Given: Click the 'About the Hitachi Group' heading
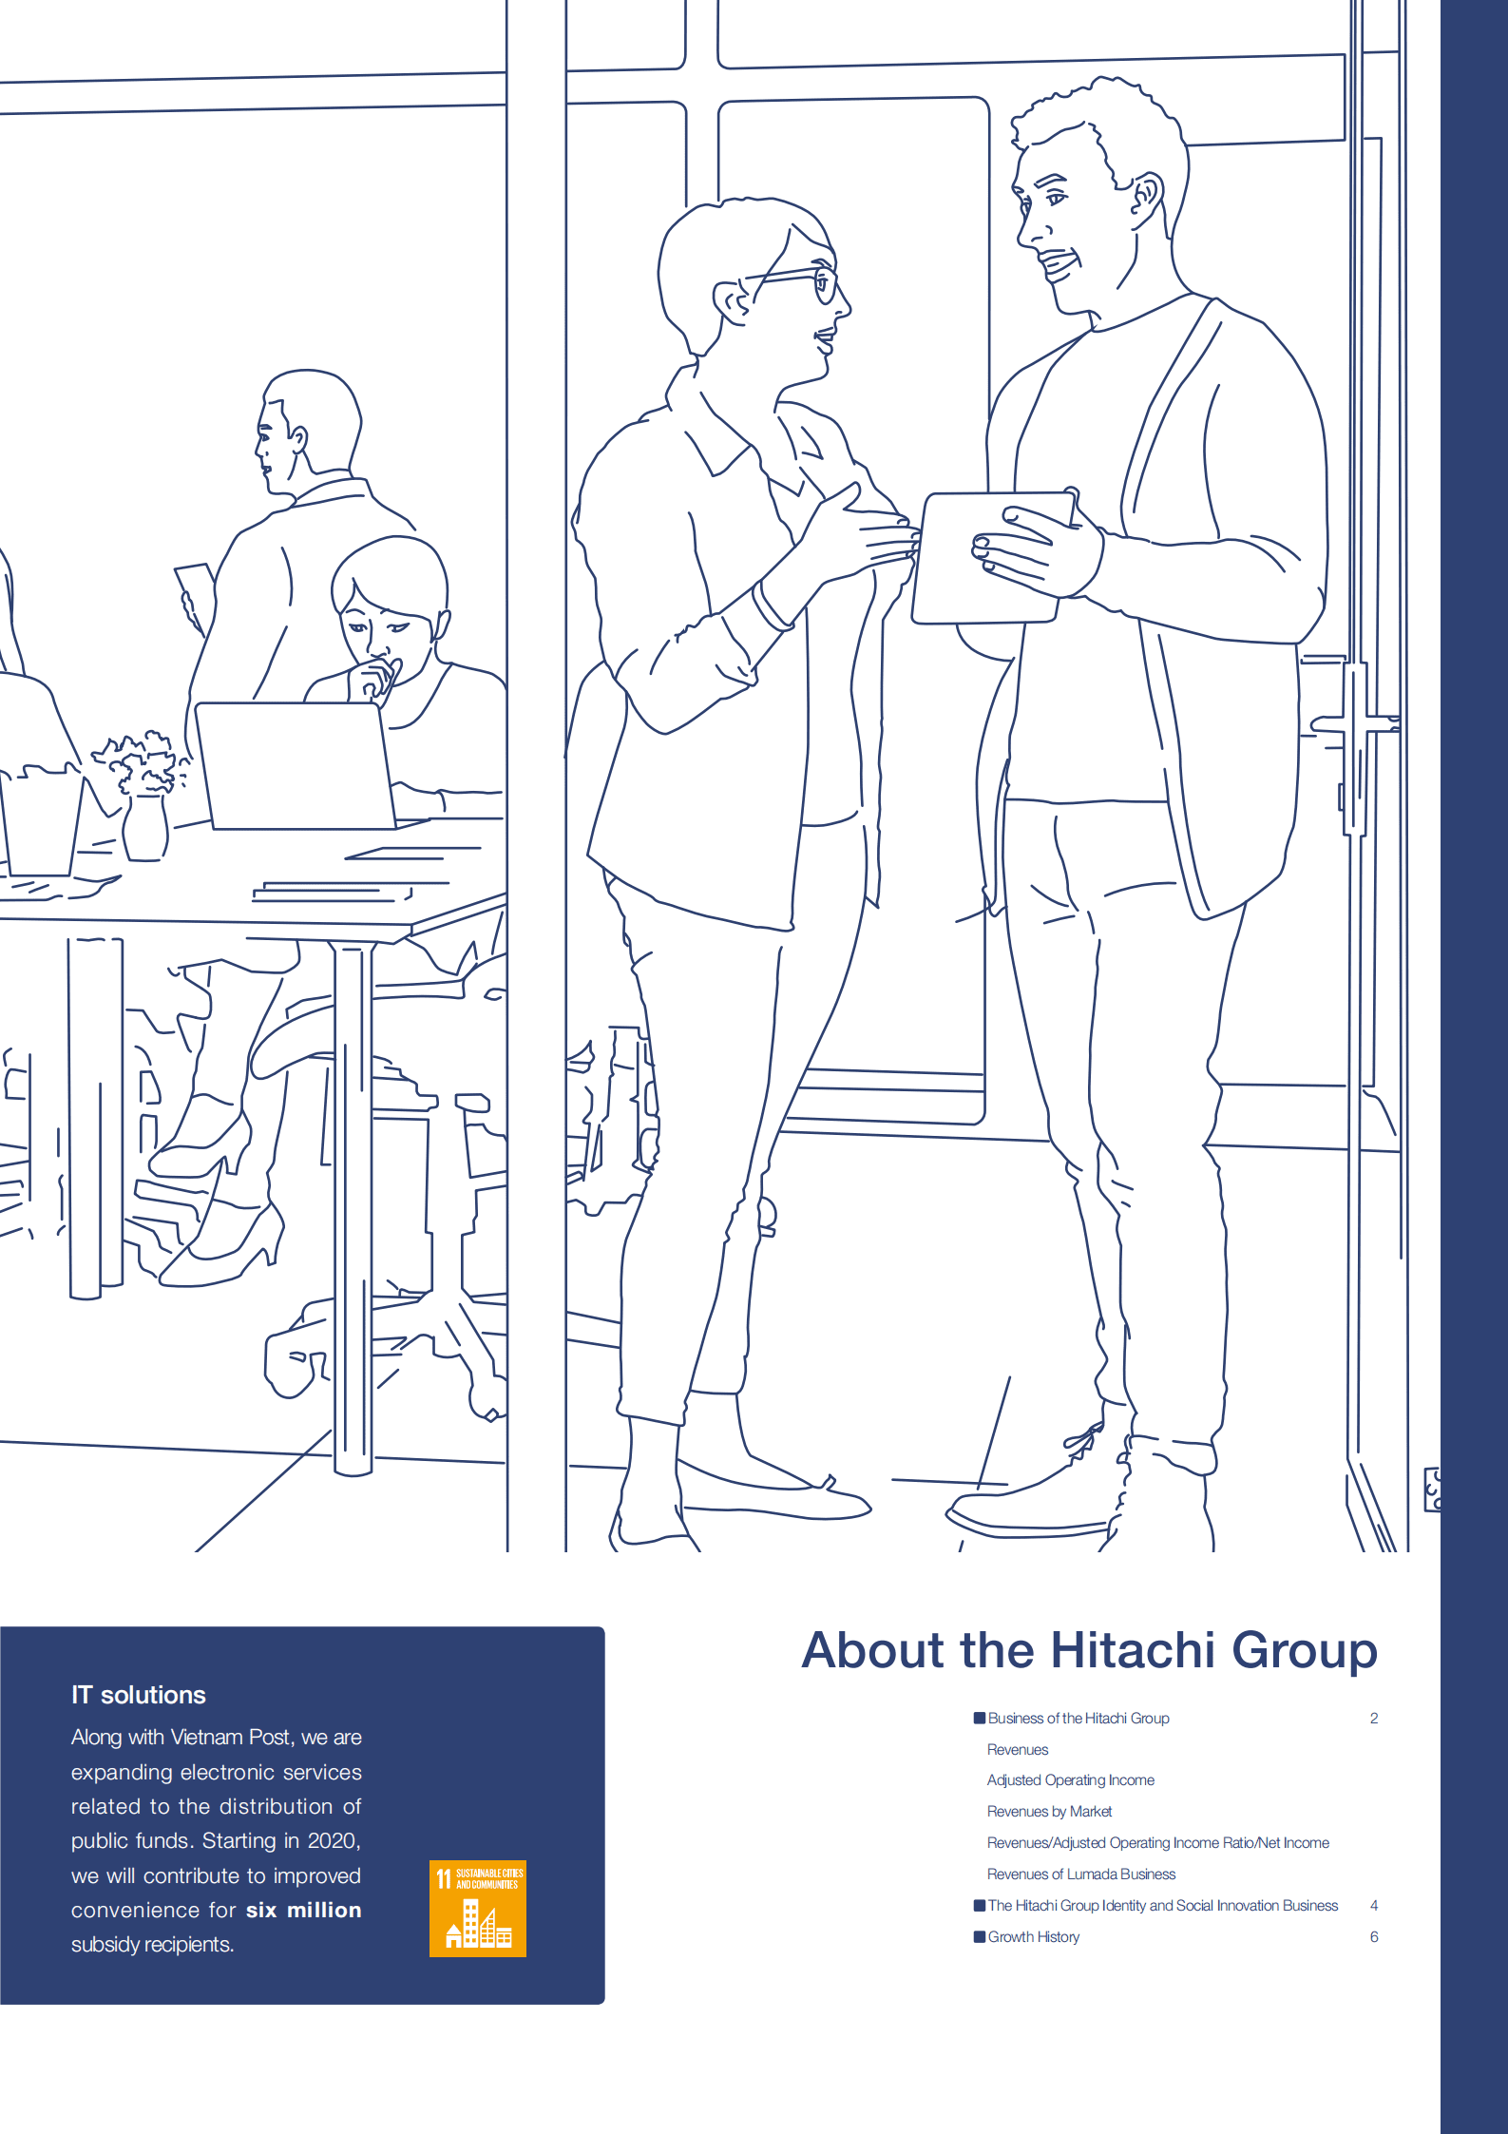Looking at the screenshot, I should (1089, 1650).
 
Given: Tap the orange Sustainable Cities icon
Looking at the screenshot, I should (477, 1908).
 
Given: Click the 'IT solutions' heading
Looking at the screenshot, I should (139, 1695).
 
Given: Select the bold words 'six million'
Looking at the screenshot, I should (304, 1910).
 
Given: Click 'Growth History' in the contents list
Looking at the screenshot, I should (1033, 1936).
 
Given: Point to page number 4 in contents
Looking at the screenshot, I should (1374, 1905).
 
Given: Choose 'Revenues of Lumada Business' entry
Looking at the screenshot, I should (1080, 1874).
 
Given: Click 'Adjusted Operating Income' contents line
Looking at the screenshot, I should (1070, 1779).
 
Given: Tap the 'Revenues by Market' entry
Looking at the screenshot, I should (1049, 1811).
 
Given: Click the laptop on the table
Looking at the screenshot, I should (295, 765).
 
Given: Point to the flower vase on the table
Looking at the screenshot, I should (144, 827).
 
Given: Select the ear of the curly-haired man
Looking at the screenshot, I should (1145, 195).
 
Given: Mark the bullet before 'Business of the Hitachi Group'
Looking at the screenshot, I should (979, 1718).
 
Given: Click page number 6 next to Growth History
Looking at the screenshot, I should (1374, 1936).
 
